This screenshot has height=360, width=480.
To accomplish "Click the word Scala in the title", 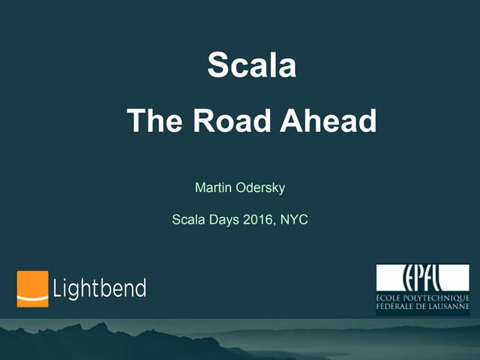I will [251, 66].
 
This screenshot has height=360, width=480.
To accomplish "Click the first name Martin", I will [212, 187].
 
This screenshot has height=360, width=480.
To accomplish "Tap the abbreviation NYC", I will [294, 220].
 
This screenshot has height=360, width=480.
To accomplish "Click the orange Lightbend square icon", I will [32, 289].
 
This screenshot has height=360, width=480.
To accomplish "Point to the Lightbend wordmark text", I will [100, 288].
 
